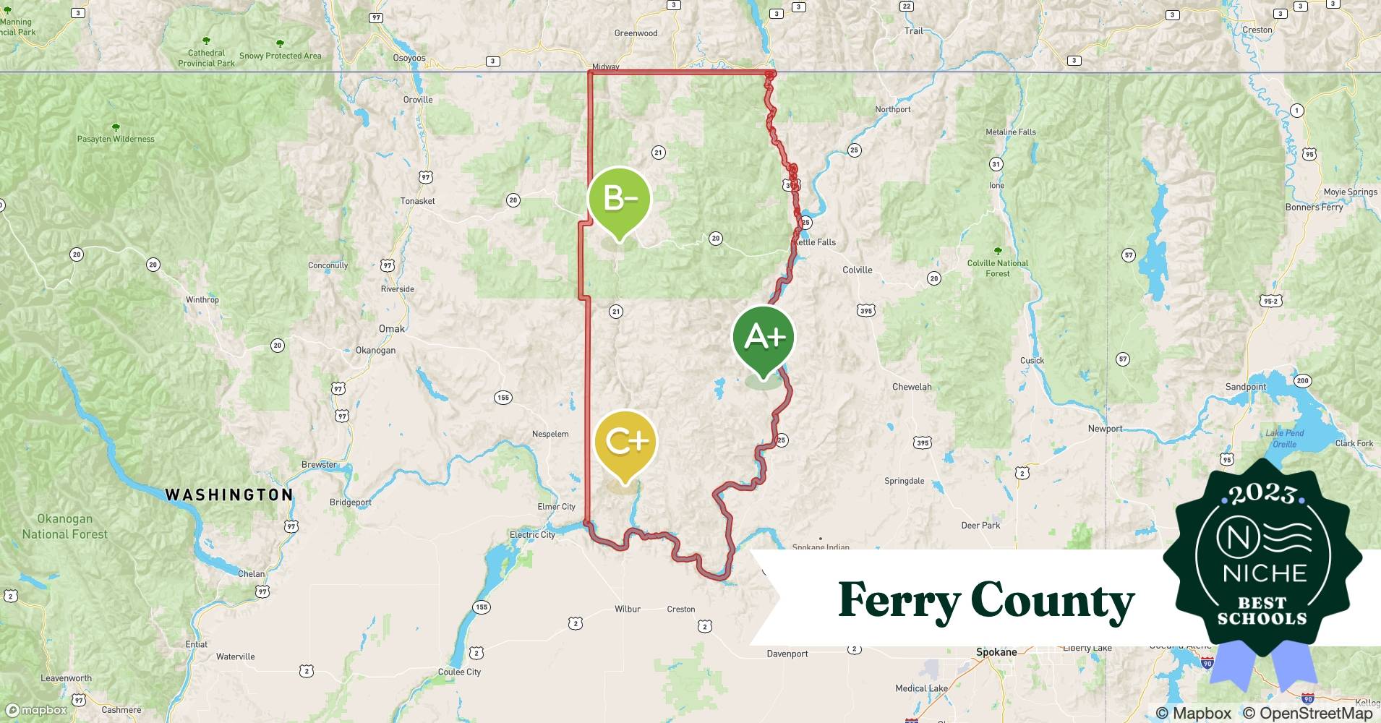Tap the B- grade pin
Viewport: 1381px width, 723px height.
[619, 200]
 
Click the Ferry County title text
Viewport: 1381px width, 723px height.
[985, 601]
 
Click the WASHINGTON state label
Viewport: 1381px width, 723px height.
[229, 495]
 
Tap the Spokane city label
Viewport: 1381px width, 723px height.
[996, 652]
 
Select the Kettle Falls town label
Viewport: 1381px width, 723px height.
[816, 242]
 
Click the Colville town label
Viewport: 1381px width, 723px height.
[858, 270]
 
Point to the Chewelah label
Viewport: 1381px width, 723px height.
[912, 387]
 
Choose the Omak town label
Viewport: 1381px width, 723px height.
[392, 329]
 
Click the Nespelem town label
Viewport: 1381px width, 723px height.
[550, 434]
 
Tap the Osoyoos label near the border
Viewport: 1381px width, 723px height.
[409, 58]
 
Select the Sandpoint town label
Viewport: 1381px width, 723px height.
[1245, 387]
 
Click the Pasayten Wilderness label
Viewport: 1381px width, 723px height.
[116, 139]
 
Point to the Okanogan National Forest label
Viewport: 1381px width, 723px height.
[64, 526]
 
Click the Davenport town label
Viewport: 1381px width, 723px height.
[787, 654]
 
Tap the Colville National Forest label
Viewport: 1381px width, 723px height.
[998, 268]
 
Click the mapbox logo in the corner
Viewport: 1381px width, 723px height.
[36, 710]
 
